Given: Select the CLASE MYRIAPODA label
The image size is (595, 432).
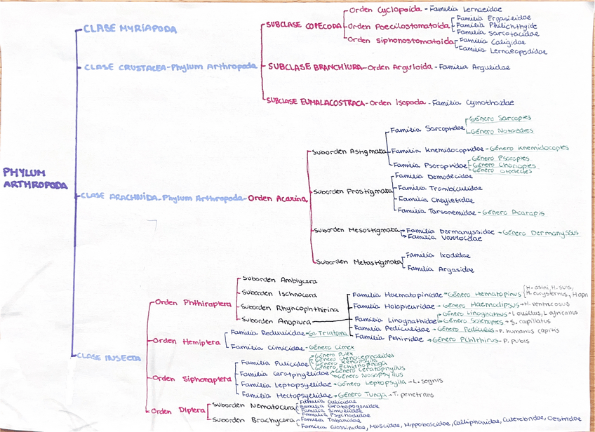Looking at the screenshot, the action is point(130,29).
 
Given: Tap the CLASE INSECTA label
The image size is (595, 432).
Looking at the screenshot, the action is point(109,357).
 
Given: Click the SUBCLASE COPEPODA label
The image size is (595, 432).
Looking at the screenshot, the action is point(304,25).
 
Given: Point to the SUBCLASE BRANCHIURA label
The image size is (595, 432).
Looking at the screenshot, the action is point(316,67).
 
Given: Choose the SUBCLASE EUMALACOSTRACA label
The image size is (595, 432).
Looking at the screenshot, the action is point(315,102).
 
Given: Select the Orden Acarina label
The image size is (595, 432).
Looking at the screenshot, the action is point(278,198).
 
